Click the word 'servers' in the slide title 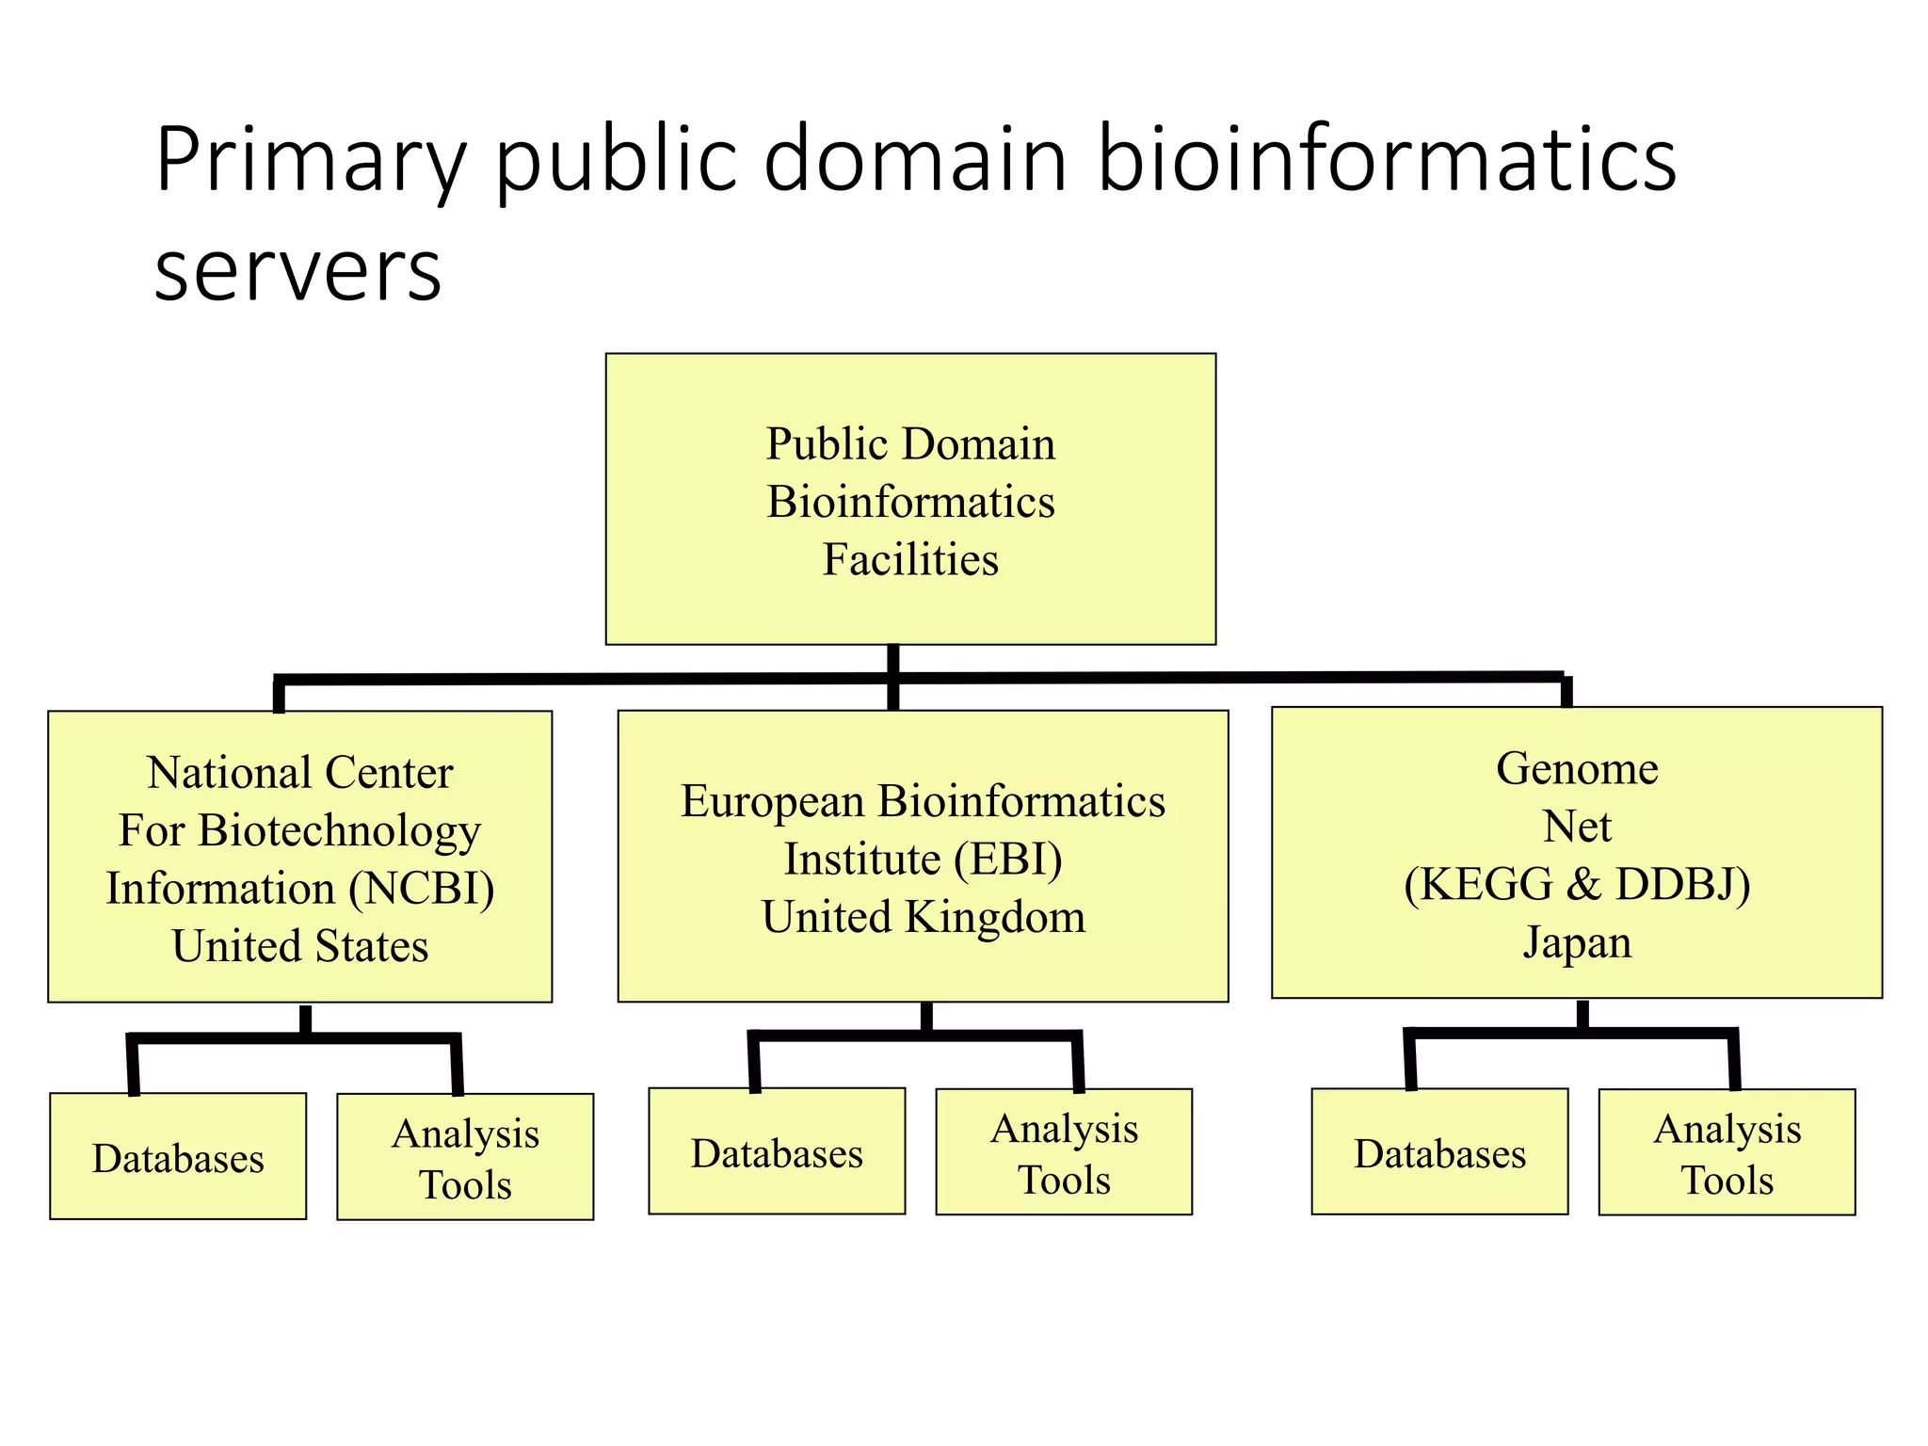coord(297,272)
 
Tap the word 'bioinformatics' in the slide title coord(1386,159)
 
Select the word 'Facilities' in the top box coord(910,559)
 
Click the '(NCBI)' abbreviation coord(422,888)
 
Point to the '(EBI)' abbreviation coord(1008,859)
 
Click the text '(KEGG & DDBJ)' coord(1577,884)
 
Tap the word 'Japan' coord(1577,942)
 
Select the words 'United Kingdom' coord(923,917)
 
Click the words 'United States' coord(300,946)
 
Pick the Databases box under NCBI coord(178,1157)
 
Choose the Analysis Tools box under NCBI coord(465,1158)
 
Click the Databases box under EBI coord(777,1152)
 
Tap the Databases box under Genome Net coord(1439,1152)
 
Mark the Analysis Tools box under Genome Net coord(1727,1153)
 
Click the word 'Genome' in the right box coord(1577,768)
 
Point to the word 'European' coord(773,801)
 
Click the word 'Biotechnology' coord(340,830)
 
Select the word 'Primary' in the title coord(311,159)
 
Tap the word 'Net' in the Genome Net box coord(1577,827)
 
